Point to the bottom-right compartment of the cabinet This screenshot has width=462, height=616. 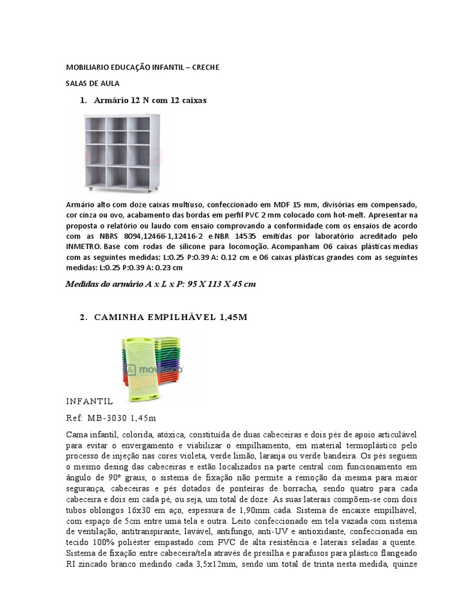click(138, 179)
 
